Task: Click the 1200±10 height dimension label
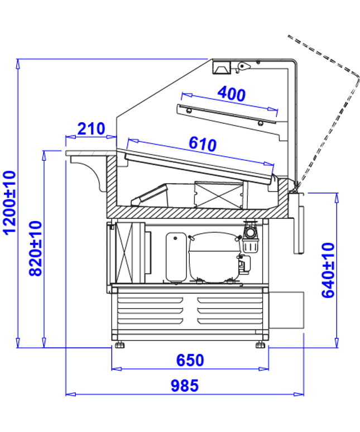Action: point(9,203)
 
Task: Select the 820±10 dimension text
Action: point(35,248)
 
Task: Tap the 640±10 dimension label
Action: point(328,270)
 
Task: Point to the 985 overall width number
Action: point(185,386)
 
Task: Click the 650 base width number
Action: point(190,360)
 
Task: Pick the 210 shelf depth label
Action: point(91,128)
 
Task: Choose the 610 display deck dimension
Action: point(203,144)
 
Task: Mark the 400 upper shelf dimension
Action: point(232,94)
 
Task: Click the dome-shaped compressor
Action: point(214,258)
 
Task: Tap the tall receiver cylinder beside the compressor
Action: point(176,257)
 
